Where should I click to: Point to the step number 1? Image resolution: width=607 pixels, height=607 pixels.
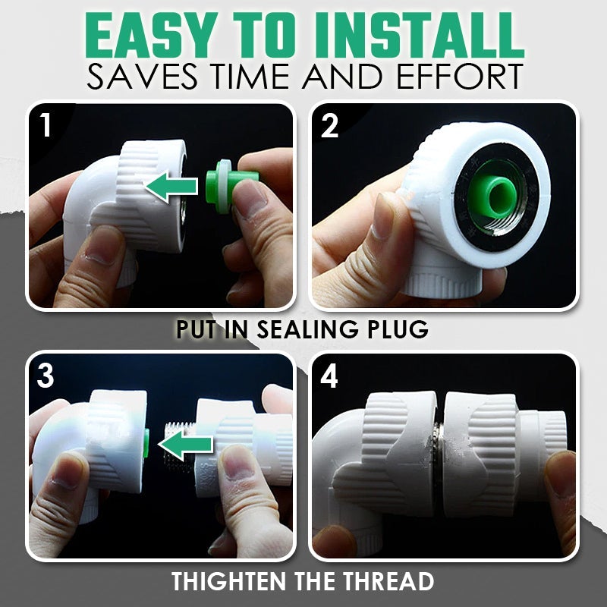click(46, 126)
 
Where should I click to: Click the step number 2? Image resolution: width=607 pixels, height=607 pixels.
click(329, 126)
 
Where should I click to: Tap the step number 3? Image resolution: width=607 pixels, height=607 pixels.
click(46, 376)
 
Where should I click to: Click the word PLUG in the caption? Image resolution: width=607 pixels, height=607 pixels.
click(392, 330)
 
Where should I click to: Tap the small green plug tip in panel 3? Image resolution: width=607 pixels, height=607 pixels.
click(146, 442)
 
